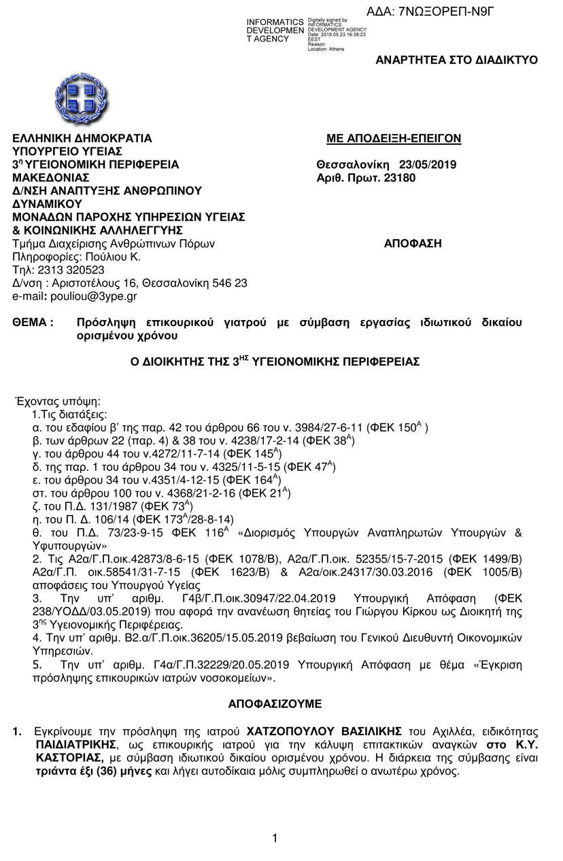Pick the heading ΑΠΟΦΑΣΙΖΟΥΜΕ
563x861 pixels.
coord(275,703)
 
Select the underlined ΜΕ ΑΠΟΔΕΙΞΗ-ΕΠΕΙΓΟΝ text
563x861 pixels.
coord(394,139)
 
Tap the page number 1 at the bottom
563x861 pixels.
coord(275,839)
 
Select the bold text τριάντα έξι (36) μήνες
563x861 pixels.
coord(95,771)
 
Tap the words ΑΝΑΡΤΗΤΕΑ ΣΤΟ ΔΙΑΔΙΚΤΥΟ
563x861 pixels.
coord(456,60)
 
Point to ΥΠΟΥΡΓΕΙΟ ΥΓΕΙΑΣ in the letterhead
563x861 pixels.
coord(67,152)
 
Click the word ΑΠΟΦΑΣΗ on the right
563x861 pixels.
coord(413,243)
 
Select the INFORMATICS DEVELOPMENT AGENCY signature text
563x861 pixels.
coord(275,31)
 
